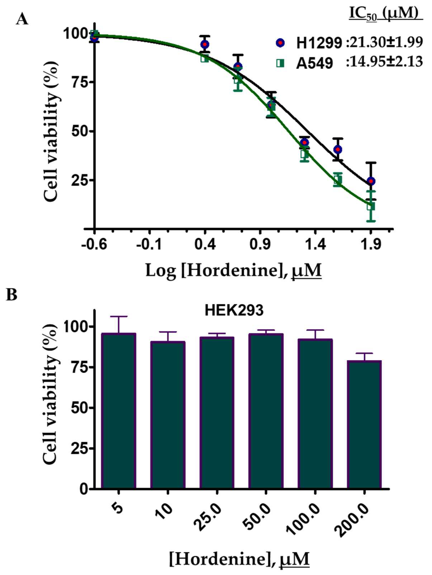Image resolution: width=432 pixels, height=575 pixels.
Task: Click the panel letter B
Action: pyautogui.click(x=12, y=295)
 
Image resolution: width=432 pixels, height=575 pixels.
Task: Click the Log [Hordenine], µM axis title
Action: pyautogui.click(x=233, y=270)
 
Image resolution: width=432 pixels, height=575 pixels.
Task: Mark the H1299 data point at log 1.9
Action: pyautogui.click(x=371, y=181)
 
